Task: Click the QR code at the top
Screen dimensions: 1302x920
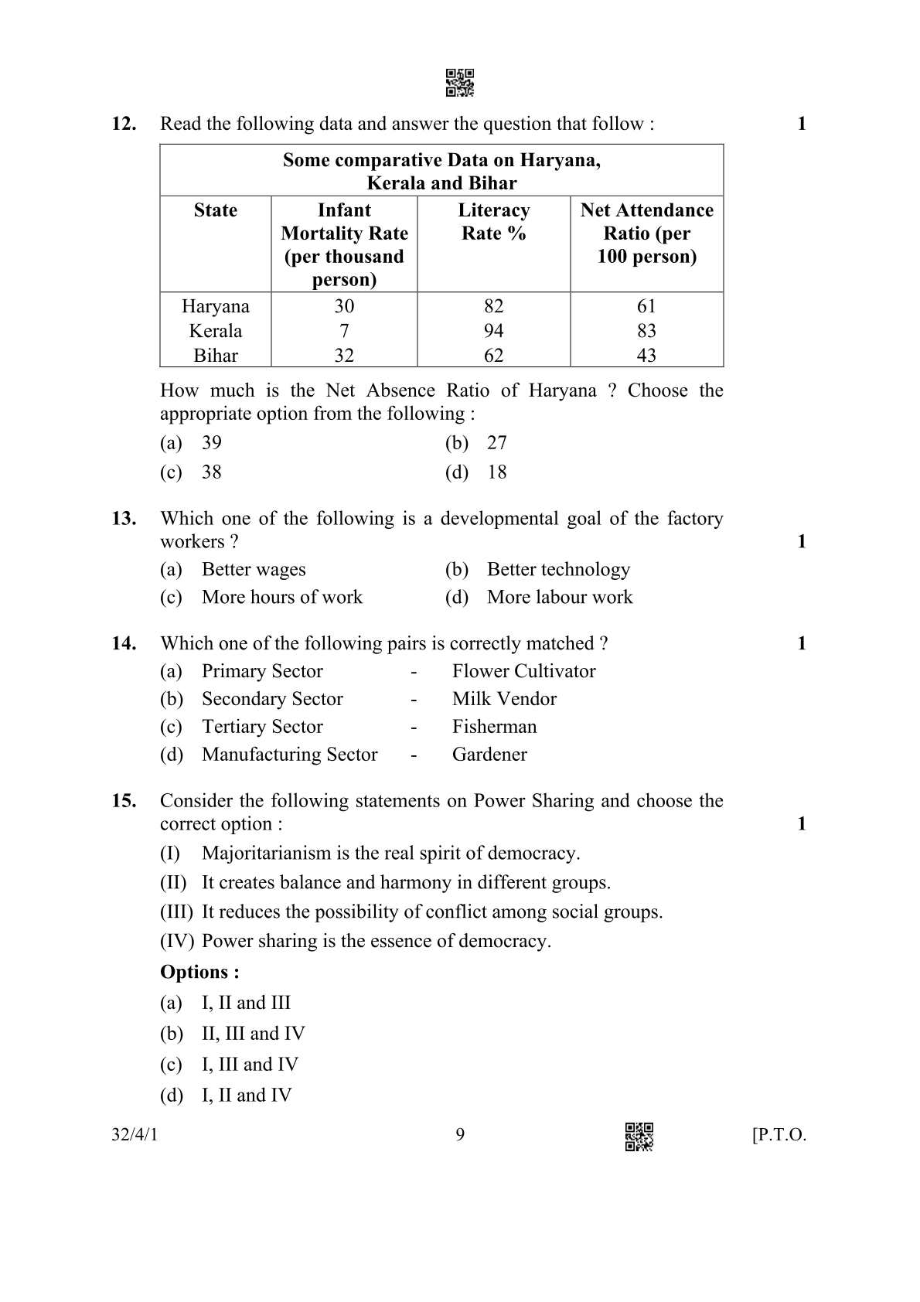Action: (x=460, y=83)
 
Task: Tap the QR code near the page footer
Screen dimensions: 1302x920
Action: (x=639, y=1136)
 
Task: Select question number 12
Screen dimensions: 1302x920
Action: (x=124, y=124)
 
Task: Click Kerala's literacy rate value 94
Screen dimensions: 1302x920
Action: (x=493, y=331)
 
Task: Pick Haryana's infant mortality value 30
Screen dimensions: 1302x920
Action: (x=344, y=306)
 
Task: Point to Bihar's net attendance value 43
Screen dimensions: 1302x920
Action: (x=646, y=356)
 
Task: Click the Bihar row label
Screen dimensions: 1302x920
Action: (x=215, y=356)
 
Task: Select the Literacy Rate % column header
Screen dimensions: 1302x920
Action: (x=493, y=221)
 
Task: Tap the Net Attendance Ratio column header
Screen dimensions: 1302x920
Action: (x=646, y=233)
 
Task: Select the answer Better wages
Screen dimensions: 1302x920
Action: (x=253, y=570)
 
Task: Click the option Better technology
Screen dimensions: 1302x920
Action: (x=557, y=570)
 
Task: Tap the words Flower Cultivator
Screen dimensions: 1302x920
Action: (x=523, y=671)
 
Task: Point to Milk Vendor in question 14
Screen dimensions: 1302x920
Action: (x=504, y=699)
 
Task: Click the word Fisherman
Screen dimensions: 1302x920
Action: (x=494, y=727)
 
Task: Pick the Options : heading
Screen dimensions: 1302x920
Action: (x=199, y=972)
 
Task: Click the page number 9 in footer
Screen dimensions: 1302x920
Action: (x=460, y=1134)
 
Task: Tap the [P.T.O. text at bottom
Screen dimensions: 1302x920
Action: (x=779, y=1135)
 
